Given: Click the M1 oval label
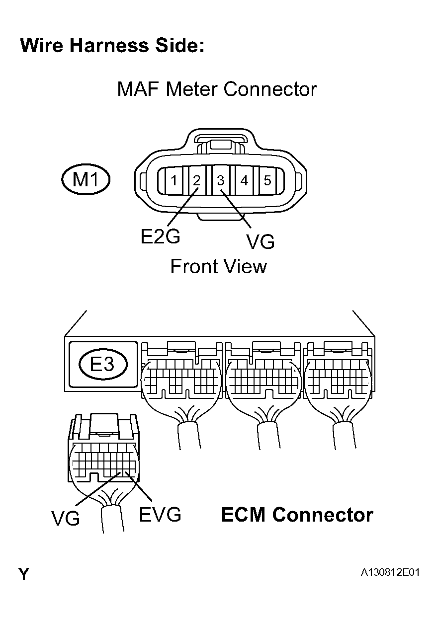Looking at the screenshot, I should (x=86, y=179).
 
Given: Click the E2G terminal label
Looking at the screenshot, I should (x=160, y=237).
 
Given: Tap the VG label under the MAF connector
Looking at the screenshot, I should (x=260, y=242).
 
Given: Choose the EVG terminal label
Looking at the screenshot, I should (x=160, y=515).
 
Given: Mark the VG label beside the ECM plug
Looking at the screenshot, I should (x=66, y=519).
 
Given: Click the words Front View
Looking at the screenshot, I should (x=218, y=267).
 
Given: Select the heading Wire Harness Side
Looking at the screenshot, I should (x=112, y=46).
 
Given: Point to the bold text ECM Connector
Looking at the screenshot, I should (x=297, y=515).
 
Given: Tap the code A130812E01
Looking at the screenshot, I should (x=391, y=573).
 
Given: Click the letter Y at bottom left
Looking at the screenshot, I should (x=24, y=574).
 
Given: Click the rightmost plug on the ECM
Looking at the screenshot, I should (x=338, y=378).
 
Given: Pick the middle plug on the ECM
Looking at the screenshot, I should (x=262, y=378).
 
